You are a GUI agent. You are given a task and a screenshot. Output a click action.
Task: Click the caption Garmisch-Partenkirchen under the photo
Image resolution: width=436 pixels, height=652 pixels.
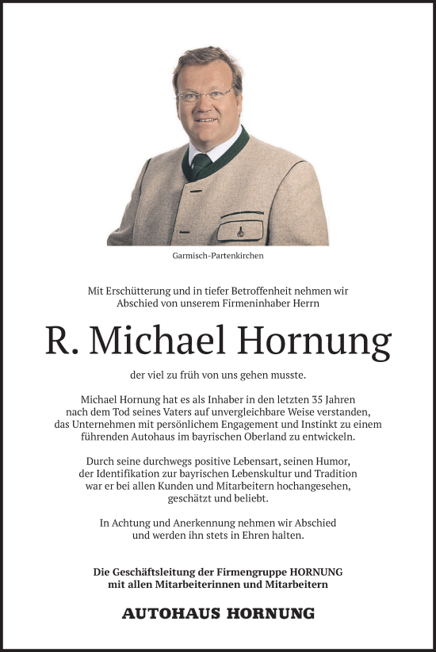click(217, 257)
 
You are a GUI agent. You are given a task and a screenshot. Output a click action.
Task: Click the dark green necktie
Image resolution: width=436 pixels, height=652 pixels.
click(201, 165)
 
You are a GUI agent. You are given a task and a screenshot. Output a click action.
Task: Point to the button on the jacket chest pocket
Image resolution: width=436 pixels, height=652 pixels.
click(238, 233)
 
